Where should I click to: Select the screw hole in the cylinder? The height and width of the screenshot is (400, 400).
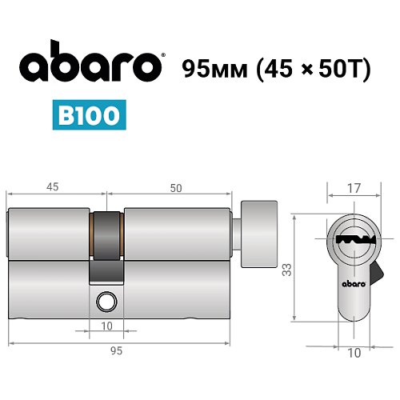[105, 302]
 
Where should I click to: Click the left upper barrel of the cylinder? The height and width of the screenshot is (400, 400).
[50, 234]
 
